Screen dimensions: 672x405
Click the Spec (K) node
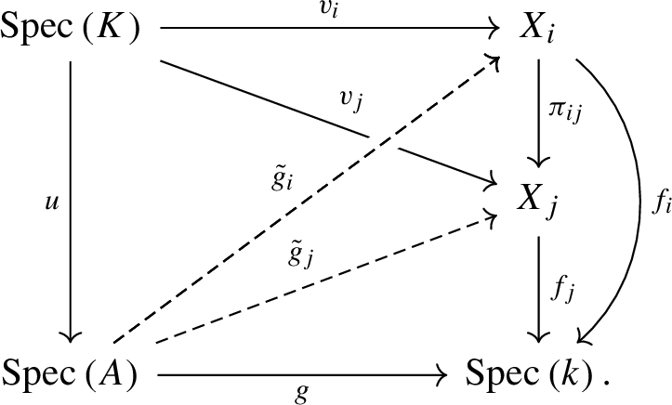click(x=72, y=29)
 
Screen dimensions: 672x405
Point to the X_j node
click(x=539, y=196)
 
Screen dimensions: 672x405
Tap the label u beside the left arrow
click(x=54, y=202)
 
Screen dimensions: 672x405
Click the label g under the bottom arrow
click(x=300, y=393)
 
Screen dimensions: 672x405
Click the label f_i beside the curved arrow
click(x=660, y=203)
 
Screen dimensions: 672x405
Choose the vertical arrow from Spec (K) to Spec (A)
click(x=72, y=202)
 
